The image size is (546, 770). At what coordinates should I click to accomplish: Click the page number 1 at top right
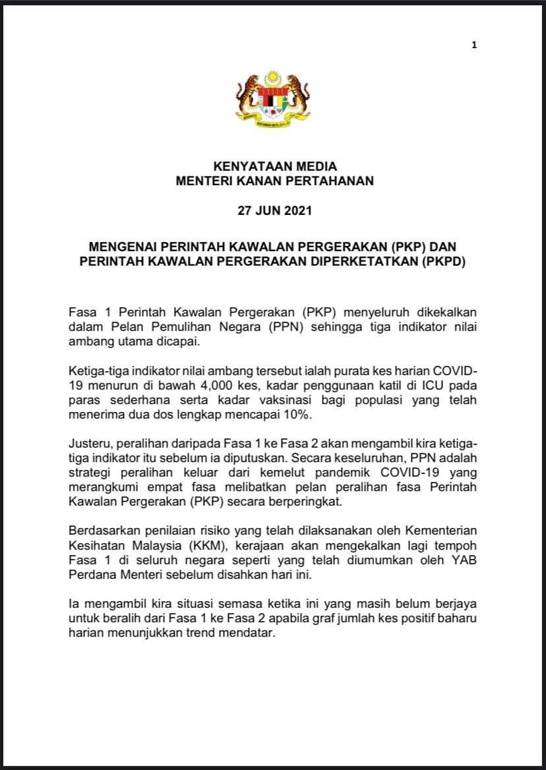tap(474, 45)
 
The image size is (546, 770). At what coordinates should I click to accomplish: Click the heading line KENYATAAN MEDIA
tap(274, 167)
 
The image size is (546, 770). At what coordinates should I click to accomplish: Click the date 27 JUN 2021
tap(274, 213)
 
